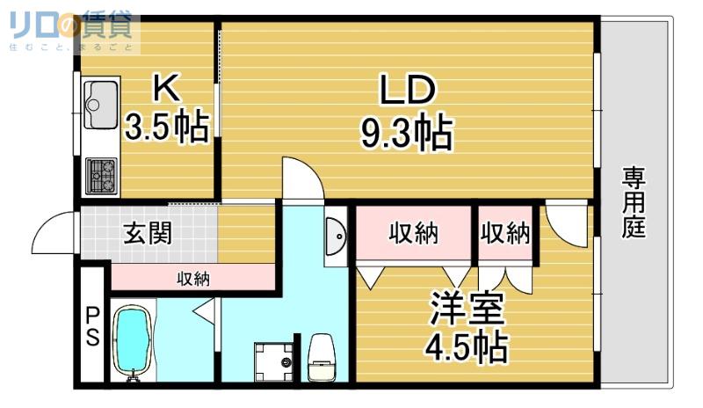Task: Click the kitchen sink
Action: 101,105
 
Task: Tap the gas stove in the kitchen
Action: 101,176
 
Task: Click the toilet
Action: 322,357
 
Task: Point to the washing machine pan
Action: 273,361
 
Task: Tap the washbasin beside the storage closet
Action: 336,236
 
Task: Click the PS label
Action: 92,326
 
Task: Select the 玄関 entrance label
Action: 148,233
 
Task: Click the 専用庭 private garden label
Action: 634,202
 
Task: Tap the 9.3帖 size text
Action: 406,133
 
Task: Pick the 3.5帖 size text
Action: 167,126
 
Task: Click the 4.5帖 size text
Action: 466,346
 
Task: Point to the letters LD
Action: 407,90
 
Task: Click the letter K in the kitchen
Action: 167,88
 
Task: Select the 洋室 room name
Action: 467,308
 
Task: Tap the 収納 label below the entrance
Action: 193,279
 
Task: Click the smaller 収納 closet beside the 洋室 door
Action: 505,233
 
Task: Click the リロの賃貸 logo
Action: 71,25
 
